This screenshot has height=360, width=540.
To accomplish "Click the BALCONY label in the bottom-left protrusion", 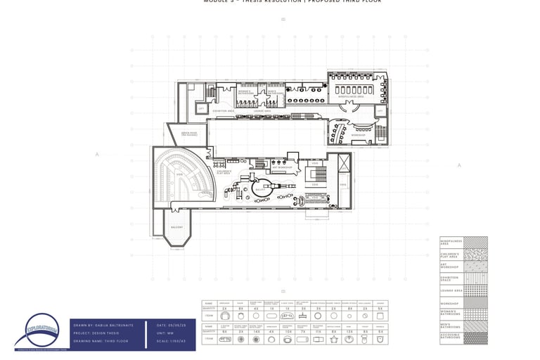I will coord(177,227).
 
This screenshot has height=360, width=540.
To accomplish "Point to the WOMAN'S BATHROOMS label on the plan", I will coord(245,91).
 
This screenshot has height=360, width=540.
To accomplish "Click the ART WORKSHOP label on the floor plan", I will coord(282,167).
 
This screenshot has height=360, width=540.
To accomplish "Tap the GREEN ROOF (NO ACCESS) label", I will coord(189,134).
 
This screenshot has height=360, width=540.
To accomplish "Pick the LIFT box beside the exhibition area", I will coord(201,109).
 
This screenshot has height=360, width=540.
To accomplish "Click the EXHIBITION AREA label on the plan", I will coord(224,111).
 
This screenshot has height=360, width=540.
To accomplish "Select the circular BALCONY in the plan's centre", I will coord(260,189).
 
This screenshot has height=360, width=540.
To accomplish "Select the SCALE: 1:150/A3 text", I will coord(171,342).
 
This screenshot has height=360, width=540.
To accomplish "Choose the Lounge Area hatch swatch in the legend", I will coord(475,290).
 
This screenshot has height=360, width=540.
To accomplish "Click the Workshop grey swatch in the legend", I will coord(475,302).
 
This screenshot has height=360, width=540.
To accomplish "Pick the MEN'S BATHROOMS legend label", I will coord(450,326).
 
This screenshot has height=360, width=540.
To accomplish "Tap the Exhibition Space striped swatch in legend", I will coord(475,278).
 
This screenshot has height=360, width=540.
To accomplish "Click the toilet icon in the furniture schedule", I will coord(365,339).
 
